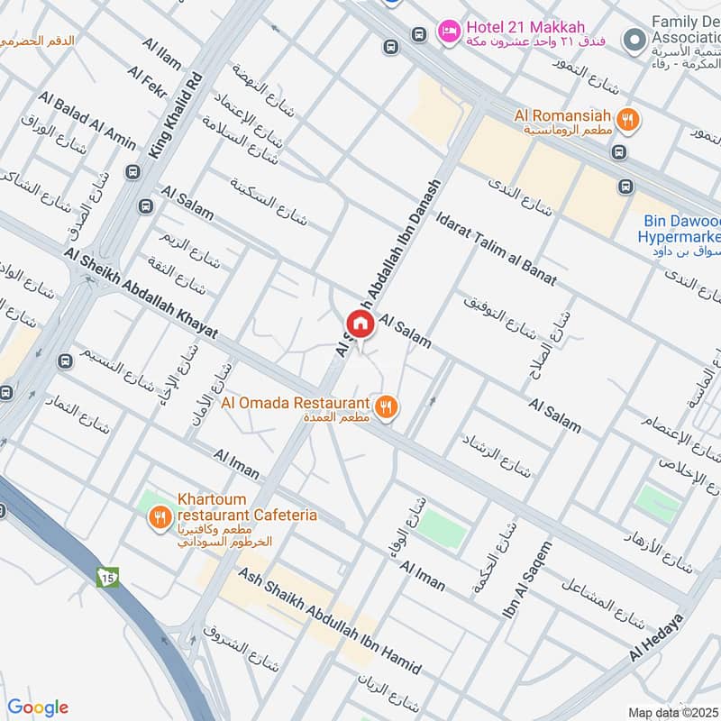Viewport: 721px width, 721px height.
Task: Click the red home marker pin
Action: coord(360,324)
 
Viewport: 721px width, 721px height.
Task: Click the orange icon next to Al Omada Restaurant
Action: coord(387,407)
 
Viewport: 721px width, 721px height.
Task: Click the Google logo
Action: coord(38,707)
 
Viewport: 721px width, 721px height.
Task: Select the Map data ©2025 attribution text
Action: coord(673,713)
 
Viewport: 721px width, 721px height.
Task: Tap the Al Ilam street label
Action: coord(161,54)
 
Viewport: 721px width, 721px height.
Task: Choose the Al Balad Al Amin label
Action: coord(87,120)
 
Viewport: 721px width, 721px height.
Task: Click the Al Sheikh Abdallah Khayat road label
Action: coord(141,294)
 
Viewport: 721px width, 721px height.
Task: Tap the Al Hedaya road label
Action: coord(657,636)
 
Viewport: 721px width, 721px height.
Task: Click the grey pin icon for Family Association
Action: coord(636,39)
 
